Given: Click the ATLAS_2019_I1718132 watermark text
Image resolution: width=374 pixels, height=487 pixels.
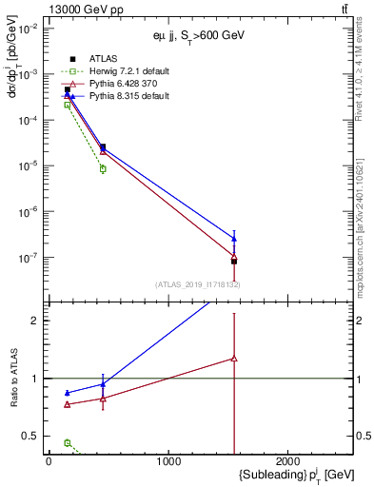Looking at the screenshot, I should pos(197,283).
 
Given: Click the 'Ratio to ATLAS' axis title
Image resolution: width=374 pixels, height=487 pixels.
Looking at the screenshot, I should pos(13,379).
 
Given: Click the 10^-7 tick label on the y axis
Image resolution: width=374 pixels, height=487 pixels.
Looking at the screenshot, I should pos(29,257).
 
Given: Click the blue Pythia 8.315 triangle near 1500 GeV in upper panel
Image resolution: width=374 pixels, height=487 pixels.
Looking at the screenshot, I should pos(234,239).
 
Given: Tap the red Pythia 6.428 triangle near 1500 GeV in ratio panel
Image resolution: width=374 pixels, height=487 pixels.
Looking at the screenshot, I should pos(234,359).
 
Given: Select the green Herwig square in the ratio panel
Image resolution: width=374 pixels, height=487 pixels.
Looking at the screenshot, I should pos(67,442).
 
